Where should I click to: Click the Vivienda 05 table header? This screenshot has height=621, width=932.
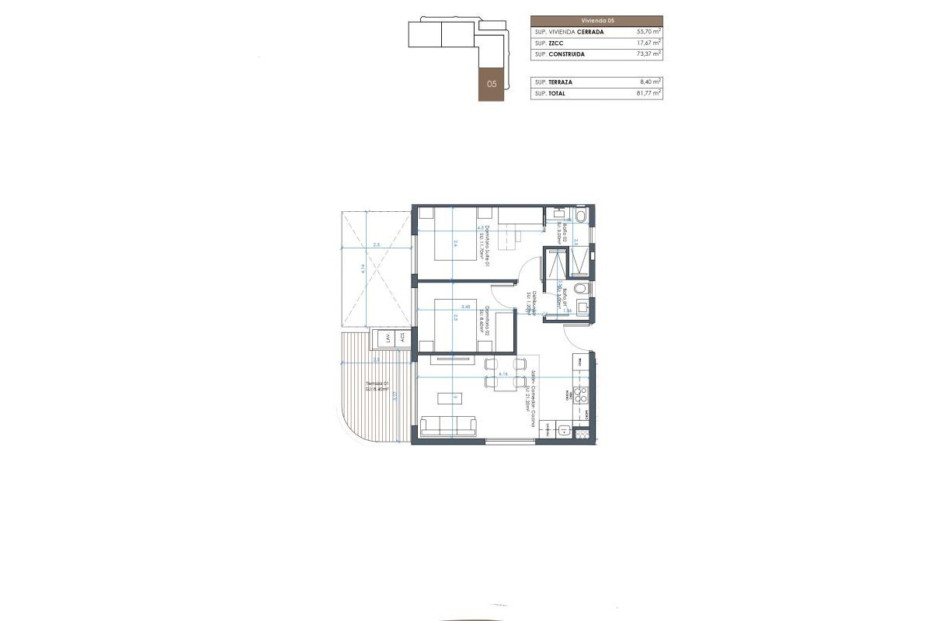point(596,20)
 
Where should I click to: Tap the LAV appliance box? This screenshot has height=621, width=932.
point(384,338)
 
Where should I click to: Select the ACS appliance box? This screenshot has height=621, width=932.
point(402,338)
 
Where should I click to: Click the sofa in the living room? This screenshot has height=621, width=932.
point(450,425)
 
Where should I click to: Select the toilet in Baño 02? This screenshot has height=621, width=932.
point(582,215)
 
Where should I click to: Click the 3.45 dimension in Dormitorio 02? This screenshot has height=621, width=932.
point(466,307)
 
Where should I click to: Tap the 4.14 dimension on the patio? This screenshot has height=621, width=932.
point(363,270)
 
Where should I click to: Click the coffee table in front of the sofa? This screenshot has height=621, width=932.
point(449,398)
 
